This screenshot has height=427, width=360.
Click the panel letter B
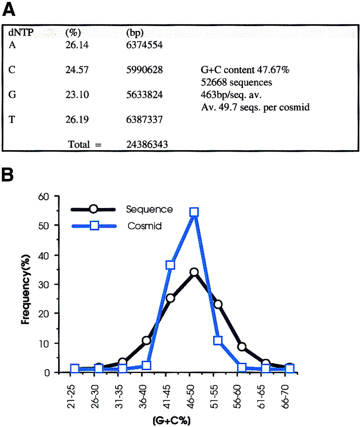8,175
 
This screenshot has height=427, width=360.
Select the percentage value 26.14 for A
77,45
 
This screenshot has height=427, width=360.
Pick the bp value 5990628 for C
144,70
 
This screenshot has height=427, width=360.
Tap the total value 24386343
147,144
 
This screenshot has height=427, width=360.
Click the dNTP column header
21,33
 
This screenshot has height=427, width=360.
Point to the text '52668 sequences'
236,82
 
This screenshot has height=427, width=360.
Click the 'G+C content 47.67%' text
245,70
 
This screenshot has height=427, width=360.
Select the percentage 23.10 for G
77,95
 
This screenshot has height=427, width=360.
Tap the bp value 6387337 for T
144,119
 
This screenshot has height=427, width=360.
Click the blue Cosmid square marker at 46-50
194,212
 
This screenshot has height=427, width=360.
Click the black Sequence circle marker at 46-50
194,272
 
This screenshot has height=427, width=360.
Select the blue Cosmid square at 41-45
170,265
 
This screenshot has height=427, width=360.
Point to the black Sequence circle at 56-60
242,347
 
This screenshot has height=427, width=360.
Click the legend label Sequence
149,209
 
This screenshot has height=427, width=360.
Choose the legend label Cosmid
145,226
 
